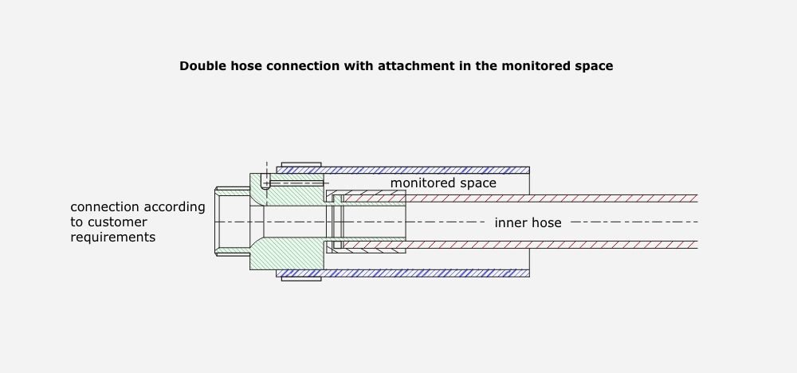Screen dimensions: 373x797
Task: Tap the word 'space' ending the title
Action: point(594,66)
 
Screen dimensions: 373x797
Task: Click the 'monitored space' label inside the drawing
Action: point(443,183)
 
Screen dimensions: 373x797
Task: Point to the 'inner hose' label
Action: point(528,223)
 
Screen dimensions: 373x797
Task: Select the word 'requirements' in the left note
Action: point(112,237)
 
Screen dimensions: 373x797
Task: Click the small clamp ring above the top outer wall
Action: point(301,164)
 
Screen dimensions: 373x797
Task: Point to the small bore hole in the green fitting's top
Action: point(266,183)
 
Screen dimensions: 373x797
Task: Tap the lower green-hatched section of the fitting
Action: point(287,253)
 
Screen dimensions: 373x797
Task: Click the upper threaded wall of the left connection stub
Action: point(233,191)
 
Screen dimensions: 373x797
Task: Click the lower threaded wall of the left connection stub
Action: point(233,253)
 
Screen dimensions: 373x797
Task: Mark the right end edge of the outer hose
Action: point(529,222)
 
